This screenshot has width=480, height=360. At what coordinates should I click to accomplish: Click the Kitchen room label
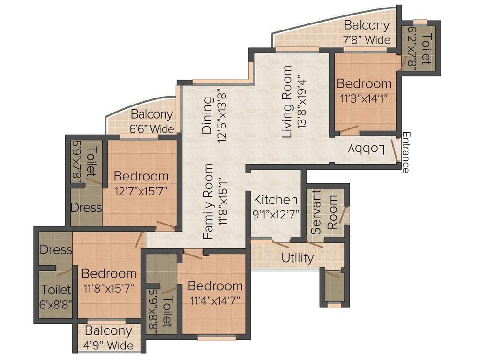(276, 200)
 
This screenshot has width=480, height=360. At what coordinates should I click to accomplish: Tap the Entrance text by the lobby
(405, 153)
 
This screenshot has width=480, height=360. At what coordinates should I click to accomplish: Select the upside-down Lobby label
(367, 149)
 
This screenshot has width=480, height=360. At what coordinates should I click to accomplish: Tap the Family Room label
(209, 202)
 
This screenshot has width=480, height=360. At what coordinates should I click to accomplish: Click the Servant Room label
(324, 211)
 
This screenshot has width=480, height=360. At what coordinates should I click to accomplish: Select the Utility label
(297, 258)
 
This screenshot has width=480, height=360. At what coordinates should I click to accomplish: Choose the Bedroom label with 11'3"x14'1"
(364, 84)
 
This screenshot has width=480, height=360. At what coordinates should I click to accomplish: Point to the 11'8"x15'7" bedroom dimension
(109, 288)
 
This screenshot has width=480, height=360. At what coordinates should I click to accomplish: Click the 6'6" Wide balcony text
(152, 128)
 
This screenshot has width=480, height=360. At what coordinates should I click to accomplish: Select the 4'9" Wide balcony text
(109, 346)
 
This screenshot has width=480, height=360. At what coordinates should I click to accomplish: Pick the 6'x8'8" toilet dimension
(56, 303)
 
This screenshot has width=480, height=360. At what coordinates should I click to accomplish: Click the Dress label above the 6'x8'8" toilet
(56, 250)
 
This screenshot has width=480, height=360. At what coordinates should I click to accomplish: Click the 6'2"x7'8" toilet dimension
(413, 49)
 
